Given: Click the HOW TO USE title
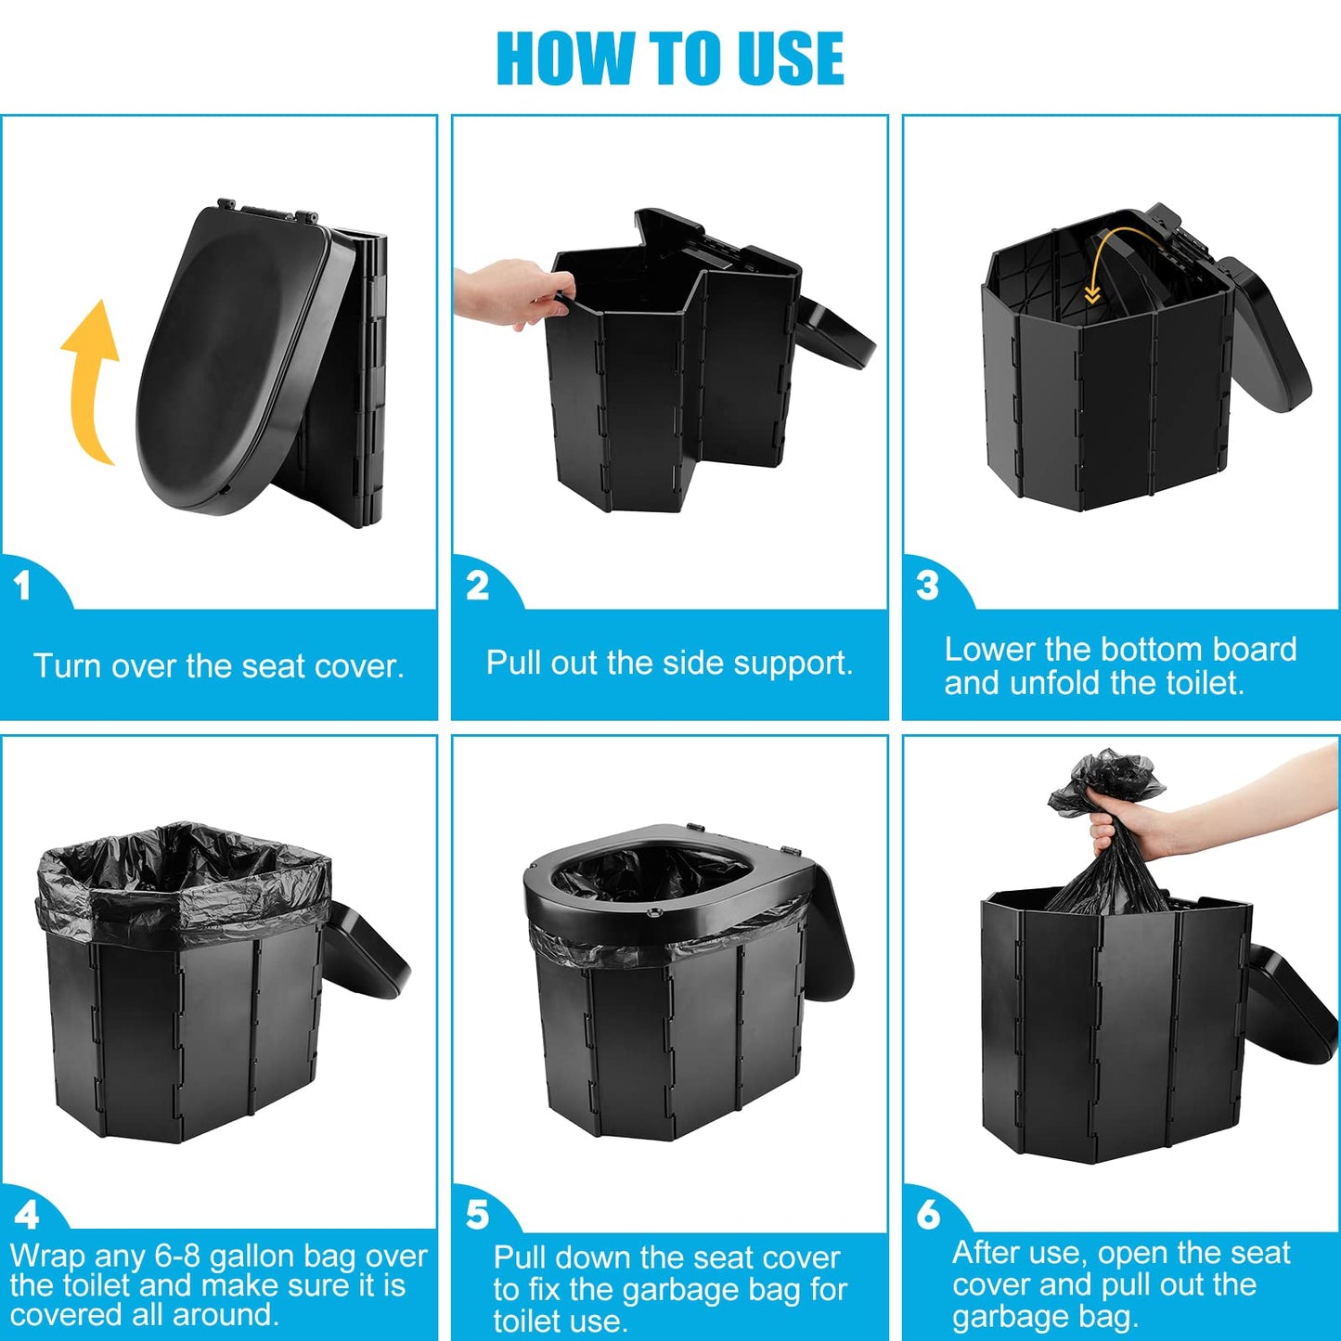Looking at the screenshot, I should click(x=670, y=58).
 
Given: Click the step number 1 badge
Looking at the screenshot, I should click(x=23, y=586).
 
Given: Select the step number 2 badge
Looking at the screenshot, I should click(x=477, y=586).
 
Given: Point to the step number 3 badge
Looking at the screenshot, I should click(x=927, y=586).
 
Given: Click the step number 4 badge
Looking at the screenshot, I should click(x=26, y=1215).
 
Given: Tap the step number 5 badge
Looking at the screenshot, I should click(x=477, y=1215).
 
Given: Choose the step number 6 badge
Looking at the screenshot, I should click(x=928, y=1215).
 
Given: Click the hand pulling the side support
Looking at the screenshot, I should click(x=506, y=292).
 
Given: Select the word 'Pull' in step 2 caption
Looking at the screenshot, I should click(x=513, y=663).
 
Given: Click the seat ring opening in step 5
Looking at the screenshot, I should click(x=654, y=877).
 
